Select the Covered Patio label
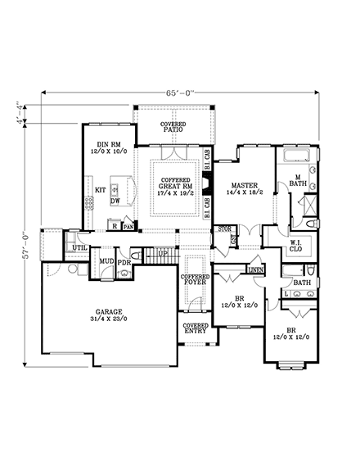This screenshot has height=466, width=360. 173,126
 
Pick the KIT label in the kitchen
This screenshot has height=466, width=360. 100,190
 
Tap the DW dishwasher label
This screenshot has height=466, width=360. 115,201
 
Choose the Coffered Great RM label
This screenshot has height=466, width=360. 176,186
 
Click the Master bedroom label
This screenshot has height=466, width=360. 245,190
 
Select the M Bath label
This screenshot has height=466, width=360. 295,181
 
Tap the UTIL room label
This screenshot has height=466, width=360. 79,247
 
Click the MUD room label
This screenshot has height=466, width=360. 106,262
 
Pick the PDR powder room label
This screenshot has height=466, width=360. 124,262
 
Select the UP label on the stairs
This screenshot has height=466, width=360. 163,254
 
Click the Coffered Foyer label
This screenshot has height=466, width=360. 196,283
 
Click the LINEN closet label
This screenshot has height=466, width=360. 254,269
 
